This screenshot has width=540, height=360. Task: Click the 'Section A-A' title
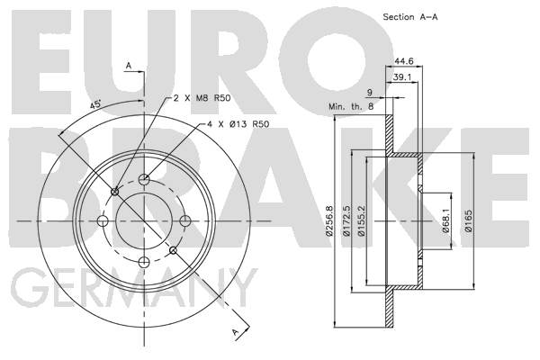410,16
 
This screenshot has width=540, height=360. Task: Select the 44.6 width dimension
403,61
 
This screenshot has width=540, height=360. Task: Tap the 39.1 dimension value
402,77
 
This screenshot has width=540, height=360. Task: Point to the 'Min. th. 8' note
351,106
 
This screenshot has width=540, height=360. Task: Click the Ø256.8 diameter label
330,220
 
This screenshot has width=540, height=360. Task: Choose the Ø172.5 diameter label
346,220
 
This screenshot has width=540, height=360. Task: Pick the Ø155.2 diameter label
361,220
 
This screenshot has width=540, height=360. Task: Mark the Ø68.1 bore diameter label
446,220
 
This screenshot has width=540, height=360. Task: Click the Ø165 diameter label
468,220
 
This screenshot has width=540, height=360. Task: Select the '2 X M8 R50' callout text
202,98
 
